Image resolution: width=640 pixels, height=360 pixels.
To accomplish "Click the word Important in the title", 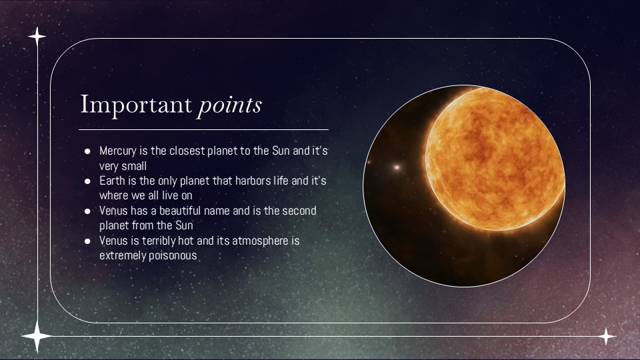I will [x=135, y=105].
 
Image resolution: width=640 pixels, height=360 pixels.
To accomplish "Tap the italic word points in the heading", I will [x=229, y=105].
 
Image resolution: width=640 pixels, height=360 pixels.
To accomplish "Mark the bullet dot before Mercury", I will [x=87, y=151].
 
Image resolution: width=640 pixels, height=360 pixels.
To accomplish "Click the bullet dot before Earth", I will [x=87, y=181].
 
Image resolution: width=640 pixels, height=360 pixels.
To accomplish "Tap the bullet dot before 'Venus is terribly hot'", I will [x=87, y=241].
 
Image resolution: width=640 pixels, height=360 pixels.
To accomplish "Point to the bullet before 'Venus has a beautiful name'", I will [x=87, y=211].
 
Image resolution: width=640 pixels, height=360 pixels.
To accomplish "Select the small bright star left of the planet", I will [x=398, y=167].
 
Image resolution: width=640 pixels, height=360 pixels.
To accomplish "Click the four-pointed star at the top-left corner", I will [x=37, y=36].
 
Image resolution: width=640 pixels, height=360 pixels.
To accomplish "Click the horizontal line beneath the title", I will [x=203, y=129].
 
